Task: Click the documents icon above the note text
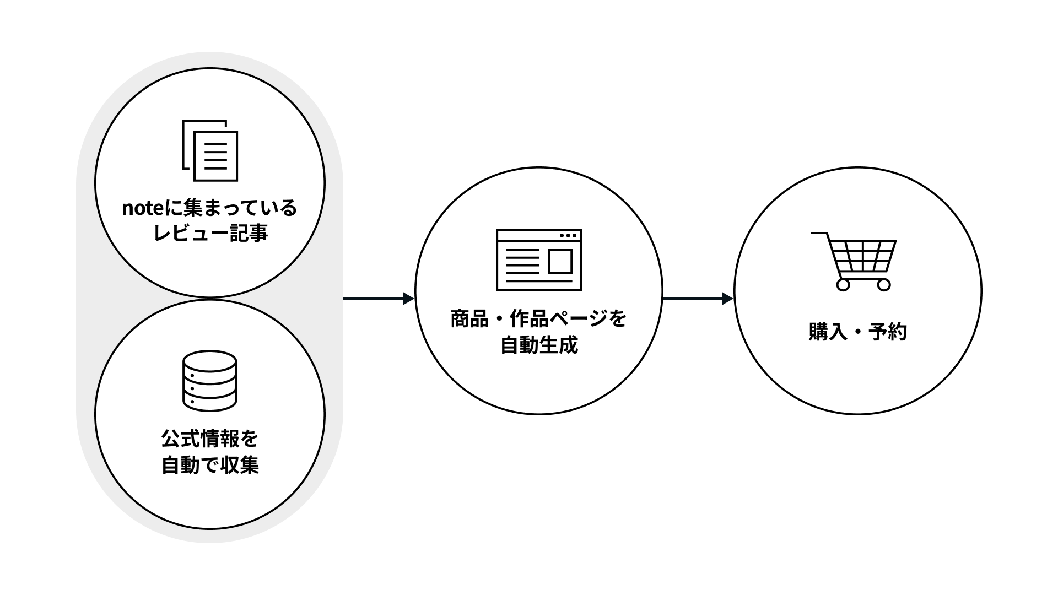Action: [210, 150]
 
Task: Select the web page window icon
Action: [538, 260]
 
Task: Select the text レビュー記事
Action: [210, 234]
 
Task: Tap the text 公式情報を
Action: [210, 440]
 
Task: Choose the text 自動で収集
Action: [210, 466]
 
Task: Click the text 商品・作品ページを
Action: [538, 319]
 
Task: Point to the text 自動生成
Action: [538, 345]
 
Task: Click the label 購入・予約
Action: [857, 332]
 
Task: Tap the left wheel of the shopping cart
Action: [843, 285]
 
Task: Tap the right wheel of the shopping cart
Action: [883, 285]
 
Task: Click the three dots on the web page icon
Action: [568, 236]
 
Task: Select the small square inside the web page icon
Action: [560, 261]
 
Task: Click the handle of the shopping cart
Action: [819, 234]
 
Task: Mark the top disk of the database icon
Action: [209, 361]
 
